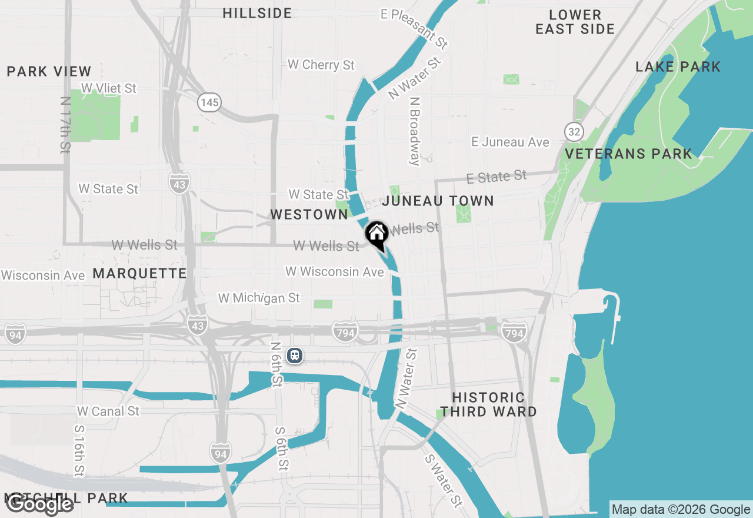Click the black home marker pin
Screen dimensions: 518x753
[x=376, y=234]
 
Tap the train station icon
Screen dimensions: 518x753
[x=295, y=356]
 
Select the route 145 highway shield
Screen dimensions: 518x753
[x=209, y=103]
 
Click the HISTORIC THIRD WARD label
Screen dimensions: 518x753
[x=489, y=404]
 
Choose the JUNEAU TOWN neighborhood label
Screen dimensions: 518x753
[x=438, y=201]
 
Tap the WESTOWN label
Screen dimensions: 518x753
[x=309, y=215]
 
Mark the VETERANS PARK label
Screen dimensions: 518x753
[x=628, y=154]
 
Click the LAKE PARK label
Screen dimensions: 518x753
[x=678, y=67]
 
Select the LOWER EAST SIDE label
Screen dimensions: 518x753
[x=575, y=22]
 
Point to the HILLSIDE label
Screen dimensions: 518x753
[x=258, y=14]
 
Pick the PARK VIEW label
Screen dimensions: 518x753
[x=49, y=72]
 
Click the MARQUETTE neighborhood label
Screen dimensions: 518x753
[x=139, y=273]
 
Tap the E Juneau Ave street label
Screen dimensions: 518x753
[x=510, y=142]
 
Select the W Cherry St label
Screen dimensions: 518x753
[x=321, y=65]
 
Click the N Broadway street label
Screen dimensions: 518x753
[x=415, y=131]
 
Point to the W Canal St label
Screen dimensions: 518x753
[x=108, y=411]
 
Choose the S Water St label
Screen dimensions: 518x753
[x=444, y=479]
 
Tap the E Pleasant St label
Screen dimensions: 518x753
[x=414, y=28]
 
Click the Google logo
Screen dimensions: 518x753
[x=39, y=504]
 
